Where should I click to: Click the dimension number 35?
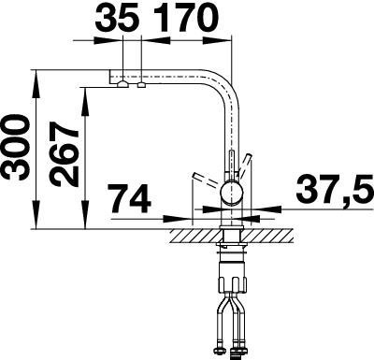click(x=117, y=19)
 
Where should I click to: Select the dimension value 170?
click(x=185, y=19)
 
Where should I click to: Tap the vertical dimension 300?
click(x=16, y=147)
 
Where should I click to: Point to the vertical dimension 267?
click(x=65, y=154)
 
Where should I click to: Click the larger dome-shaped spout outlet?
click(x=123, y=84)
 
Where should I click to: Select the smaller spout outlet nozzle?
click(x=142, y=85)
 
